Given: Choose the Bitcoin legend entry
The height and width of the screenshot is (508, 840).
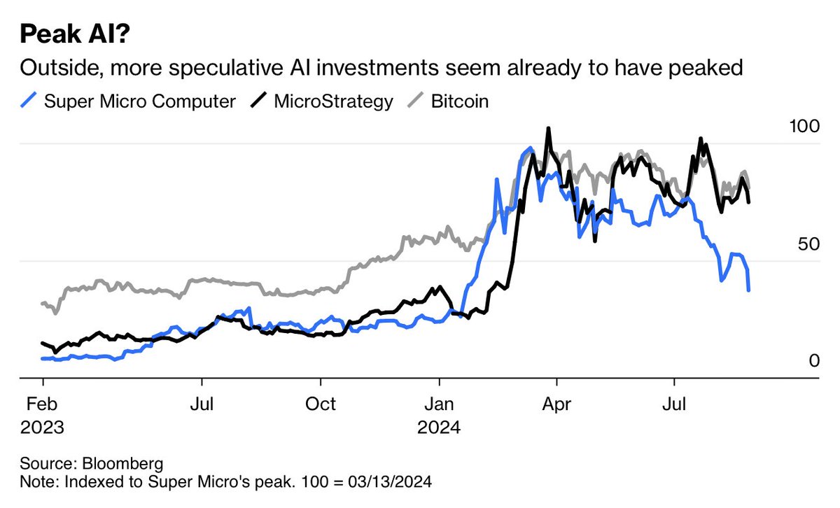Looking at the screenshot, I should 459,101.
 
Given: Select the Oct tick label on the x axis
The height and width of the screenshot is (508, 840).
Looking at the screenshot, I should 321,404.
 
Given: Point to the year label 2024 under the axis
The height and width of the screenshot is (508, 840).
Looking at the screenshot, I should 439,427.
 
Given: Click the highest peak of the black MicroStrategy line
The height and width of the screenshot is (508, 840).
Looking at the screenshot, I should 548,129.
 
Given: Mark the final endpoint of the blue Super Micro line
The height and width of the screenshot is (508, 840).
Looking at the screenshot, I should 749,290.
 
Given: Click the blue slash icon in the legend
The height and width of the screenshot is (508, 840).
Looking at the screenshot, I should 29,101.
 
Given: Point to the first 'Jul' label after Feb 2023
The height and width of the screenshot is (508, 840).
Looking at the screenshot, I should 202,404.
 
